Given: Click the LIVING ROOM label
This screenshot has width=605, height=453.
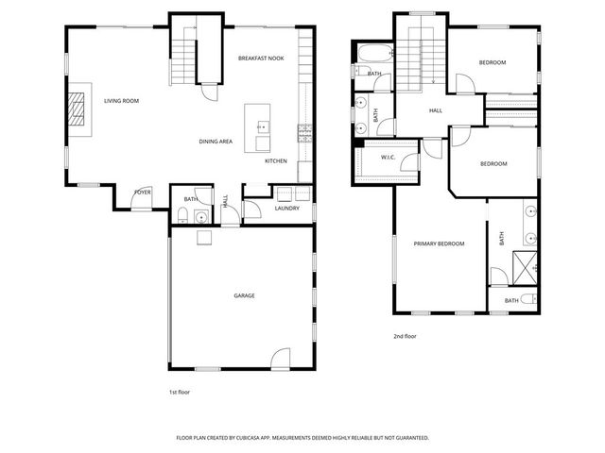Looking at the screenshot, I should (121, 100).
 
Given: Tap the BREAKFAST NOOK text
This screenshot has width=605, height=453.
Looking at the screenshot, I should (261, 59).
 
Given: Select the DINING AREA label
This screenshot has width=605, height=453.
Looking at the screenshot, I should (216, 142).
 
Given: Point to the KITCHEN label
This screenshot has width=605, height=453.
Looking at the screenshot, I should (275, 161).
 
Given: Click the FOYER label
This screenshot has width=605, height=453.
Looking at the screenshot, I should (142, 193).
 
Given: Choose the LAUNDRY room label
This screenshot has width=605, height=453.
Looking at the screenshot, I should (287, 209).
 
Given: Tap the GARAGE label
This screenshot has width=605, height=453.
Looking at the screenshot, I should (244, 295).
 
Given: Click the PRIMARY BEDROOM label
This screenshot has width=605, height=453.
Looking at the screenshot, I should (439, 244).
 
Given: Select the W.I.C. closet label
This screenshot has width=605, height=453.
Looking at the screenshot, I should (388, 157).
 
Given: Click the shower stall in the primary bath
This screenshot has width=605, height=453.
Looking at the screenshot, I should (525, 267).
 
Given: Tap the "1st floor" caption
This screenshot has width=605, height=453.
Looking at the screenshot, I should (179, 391).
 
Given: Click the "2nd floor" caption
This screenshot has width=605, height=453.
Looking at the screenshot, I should (405, 336).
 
